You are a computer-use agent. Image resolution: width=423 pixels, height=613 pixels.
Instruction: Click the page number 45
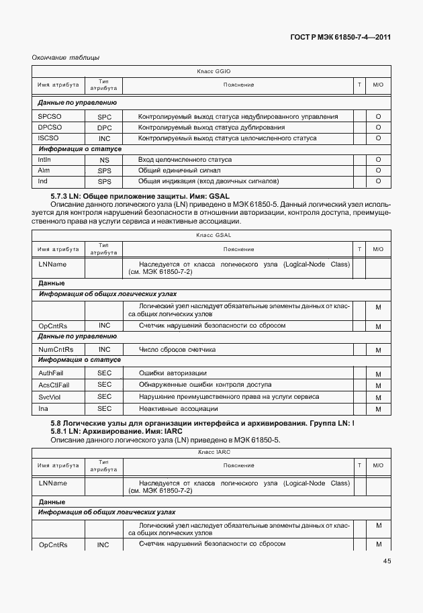tap(387, 561)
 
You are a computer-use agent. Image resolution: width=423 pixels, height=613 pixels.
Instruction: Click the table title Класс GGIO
tap(214, 70)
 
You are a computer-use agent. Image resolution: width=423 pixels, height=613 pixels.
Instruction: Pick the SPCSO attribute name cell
tap(50, 117)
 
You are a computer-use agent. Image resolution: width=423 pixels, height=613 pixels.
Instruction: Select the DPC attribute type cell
tap(104, 128)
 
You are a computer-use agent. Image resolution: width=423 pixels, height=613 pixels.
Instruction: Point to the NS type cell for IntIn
tap(104, 160)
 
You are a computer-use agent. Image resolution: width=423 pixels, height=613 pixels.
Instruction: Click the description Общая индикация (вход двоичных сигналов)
tap(207, 182)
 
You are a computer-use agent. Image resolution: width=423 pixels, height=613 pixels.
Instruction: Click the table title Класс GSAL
tap(214, 235)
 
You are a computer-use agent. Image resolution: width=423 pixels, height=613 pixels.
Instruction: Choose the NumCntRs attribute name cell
tap(56, 350)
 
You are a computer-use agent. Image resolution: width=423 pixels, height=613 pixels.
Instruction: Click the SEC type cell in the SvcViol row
tap(104, 397)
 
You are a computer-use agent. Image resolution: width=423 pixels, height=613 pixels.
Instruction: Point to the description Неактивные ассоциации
tap(178, 408)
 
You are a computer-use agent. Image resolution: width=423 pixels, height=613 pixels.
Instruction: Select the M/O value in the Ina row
tap(378, 409)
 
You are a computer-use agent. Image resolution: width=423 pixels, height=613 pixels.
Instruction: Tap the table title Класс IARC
tap(214, 453)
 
